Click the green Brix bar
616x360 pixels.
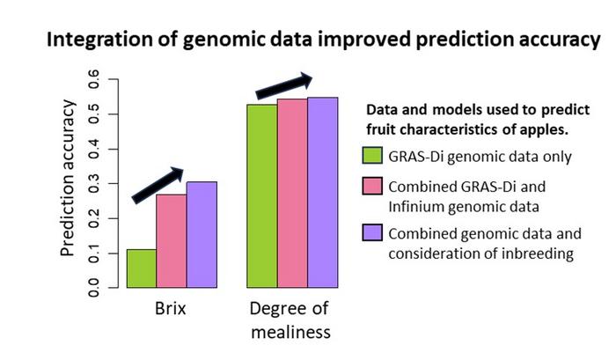(x=142, y=268)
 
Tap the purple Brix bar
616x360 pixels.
(x=202, y=235)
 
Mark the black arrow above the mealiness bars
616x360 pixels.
(x=284, y=84)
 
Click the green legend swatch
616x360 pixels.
(x=371, y=158)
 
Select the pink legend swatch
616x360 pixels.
(x=371, y=187)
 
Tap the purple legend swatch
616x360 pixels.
(x=371, y=234)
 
